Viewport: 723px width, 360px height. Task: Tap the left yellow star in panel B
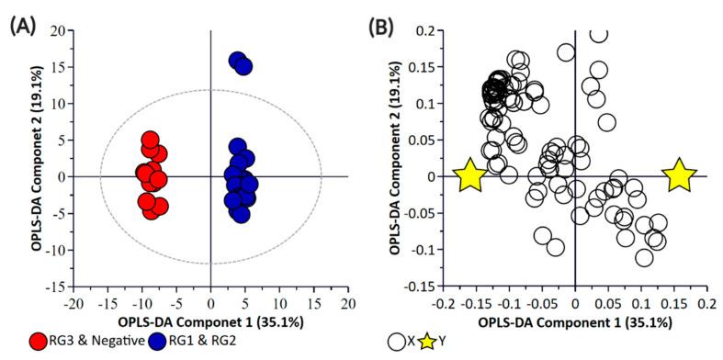tap(469, 175)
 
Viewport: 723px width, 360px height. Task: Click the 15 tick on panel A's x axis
tap(314, 302)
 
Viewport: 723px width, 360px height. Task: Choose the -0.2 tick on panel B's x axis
tap(443, 302)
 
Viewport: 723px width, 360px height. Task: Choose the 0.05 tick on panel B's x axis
tap(608, 302)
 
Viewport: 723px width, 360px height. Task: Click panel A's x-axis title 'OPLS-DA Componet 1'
tap(211, 322)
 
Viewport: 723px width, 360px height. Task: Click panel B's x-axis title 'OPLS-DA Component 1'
tap(575, 322)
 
